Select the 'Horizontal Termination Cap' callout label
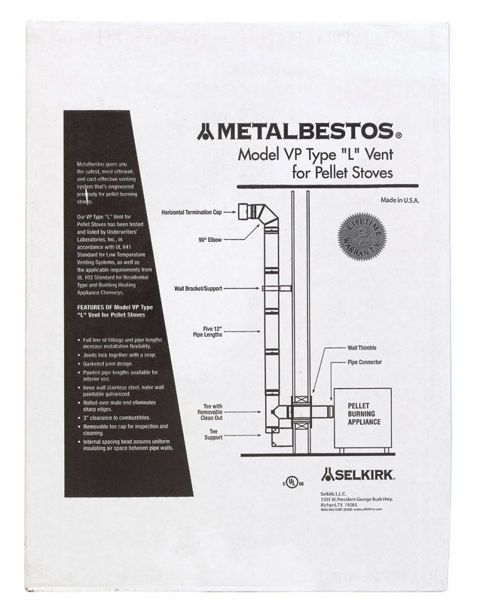click(x=197, y=213)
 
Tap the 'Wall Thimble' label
click(x=364, y=348)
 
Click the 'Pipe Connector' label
click(x=365, y=363)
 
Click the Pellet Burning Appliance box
click(x=363, y=415)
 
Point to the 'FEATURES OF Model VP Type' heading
click(x=119, y=308)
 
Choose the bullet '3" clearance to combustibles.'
click(x=123, y=417)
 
